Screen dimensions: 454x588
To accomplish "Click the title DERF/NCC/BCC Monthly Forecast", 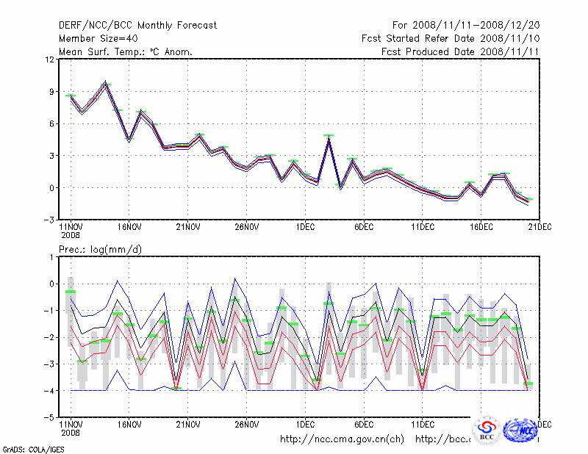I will (x=137, y=25).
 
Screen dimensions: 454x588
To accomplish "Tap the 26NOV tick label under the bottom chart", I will (x=247, y=425).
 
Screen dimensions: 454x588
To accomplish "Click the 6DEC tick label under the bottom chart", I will (x=364, y=425).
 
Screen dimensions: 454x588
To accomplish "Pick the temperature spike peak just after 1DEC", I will (x=329, y=137).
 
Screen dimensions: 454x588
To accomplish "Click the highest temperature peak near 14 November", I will (x=106, y=83).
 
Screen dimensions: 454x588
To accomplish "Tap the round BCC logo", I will (x=487, y=430).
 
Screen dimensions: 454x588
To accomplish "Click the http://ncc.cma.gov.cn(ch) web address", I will (x=343, y=439).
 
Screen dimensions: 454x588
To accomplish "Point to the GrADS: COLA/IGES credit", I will (x=28, y=448).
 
